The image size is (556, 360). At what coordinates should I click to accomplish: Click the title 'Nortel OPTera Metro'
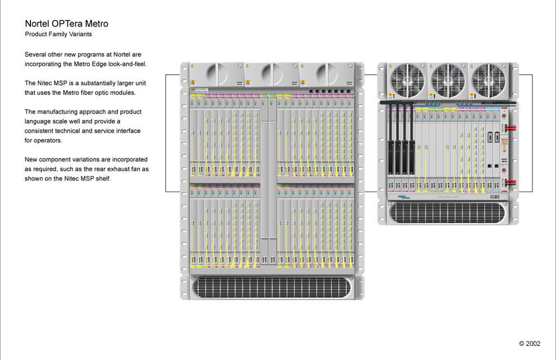(66, 24)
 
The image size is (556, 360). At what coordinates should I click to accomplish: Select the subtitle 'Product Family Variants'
(58, 34)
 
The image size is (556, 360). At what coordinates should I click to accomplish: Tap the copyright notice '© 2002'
(529, 344)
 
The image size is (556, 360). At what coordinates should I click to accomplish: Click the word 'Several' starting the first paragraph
(35, 55)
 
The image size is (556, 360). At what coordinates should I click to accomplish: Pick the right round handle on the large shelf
(326, 73)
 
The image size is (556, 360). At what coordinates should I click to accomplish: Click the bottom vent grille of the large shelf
(271, 287)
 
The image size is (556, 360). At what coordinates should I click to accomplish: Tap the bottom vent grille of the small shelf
(448, 212)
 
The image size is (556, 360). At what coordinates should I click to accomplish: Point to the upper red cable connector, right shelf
(510, 128)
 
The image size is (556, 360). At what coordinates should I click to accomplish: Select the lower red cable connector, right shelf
(510, 183)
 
